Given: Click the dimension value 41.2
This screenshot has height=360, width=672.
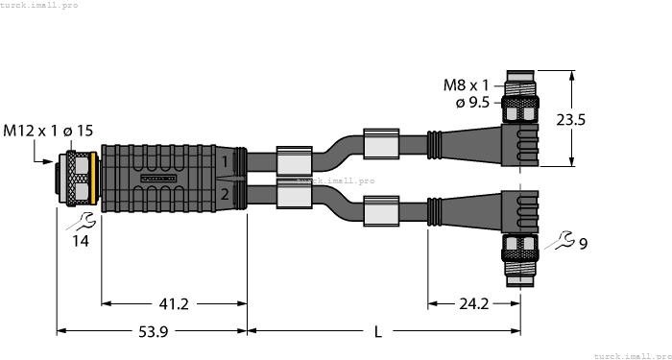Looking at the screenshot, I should click(x=174, y=304).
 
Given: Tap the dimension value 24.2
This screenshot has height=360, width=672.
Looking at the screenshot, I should click(x=473, y=304).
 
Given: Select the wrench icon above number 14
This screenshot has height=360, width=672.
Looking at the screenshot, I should click(x=81, y=222).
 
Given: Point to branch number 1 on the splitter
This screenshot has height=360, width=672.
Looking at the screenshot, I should click(x=225, y=160).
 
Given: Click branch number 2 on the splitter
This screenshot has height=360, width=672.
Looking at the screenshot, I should click(x=225, y=195).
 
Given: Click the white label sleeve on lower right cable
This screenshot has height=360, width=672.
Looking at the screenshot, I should click(x=380, y=209).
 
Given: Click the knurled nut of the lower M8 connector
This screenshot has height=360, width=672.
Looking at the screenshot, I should click(x=518, y=252).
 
